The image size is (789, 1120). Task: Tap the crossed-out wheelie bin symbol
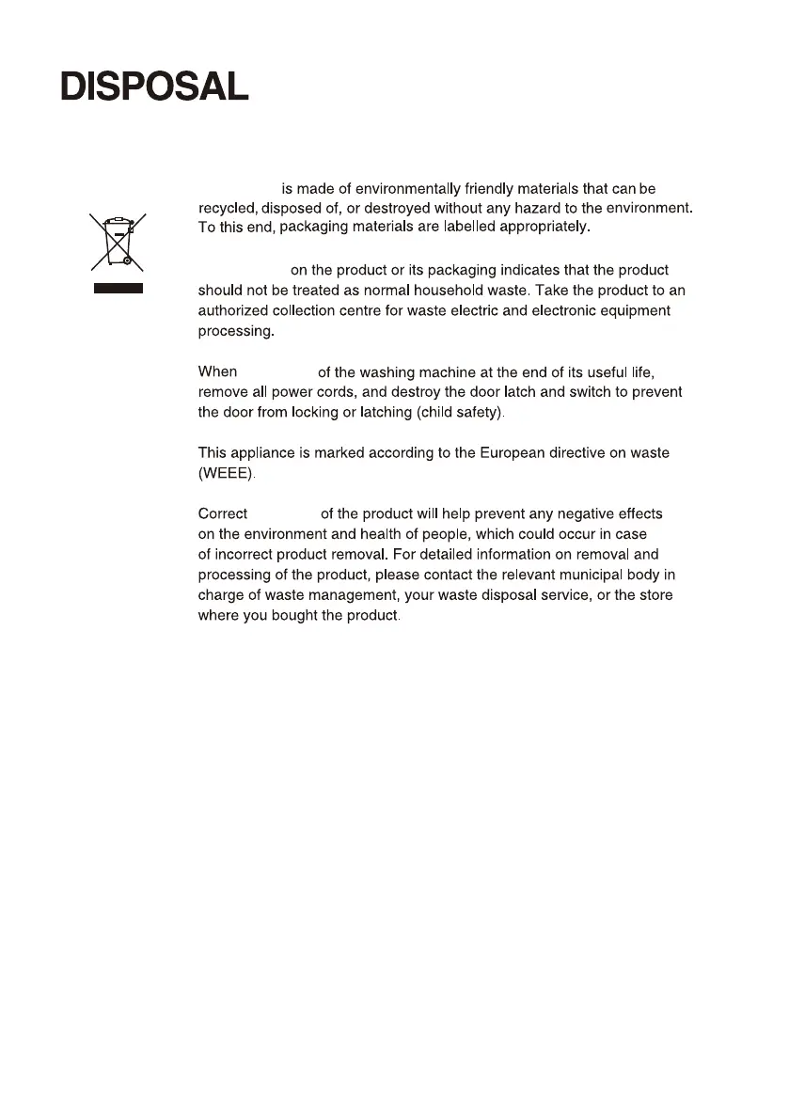click(117, 241)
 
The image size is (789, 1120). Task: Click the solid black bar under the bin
click(117, 289)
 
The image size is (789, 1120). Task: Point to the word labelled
click(473, 227)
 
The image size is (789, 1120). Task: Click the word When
click(218, 371)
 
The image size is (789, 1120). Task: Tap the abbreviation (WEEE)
click(226, 473)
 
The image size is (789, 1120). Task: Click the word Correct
click(223, 514)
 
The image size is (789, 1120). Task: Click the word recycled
click(229, 208)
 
